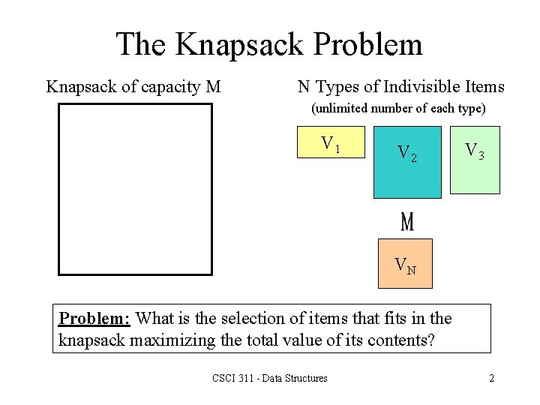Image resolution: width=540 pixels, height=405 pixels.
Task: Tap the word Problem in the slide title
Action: point(370,45)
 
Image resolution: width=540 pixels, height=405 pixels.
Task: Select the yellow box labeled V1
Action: point(331,142)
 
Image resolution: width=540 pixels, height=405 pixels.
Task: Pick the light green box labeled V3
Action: point(475,161)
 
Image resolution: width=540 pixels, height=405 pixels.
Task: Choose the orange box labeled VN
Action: point(406,263)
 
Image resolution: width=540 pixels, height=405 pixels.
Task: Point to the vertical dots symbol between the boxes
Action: point(407,222)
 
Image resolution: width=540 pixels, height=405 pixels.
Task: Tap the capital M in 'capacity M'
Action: point(213,87)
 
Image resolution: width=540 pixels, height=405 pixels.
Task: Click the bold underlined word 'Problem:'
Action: point(94,319)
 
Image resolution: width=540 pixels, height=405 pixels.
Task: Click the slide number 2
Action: point(491,378)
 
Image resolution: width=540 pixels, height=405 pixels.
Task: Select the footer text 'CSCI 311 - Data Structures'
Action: point(270,378)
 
